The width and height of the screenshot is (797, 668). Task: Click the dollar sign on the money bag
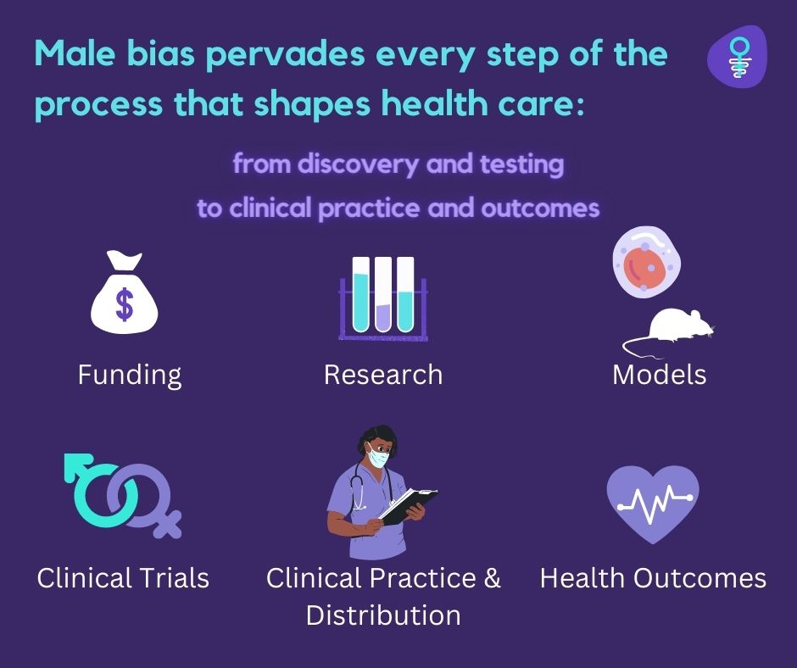coord(124,304)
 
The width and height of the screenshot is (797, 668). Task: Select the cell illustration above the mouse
coord(647,261)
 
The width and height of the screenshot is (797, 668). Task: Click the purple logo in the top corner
coord(738,57)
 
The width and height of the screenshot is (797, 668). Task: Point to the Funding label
coord(130,376)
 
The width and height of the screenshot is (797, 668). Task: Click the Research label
coord(383,376)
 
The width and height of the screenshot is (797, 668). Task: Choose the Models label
coord(660,376)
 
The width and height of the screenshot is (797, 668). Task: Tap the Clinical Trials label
coord(123,578)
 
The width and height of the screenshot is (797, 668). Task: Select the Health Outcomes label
coord(653,578)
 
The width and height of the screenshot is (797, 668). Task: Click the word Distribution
coord(383,615)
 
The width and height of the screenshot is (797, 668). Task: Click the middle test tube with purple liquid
coord(382,295)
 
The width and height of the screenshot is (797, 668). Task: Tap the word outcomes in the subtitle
coord(540,209)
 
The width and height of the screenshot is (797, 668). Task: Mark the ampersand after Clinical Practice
coord(492,578)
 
